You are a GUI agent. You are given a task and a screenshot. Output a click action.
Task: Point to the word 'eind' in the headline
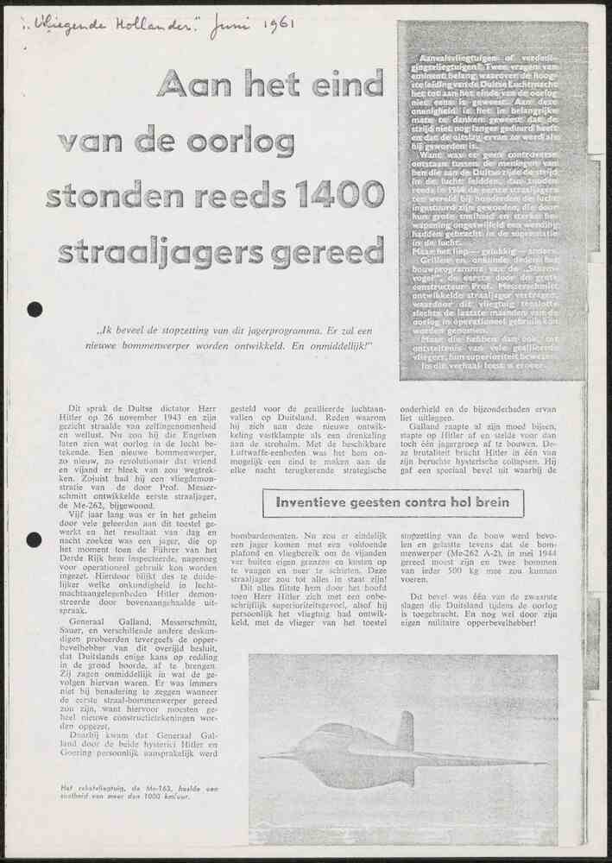pyautogui.click(x=342, y=84)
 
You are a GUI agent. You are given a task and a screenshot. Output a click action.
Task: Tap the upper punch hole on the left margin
pyautogui.click(x=35, y=309)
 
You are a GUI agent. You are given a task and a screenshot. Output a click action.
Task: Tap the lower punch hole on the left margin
pyautogui.click(x=35, y=539)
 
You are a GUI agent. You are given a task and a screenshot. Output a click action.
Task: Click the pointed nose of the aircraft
pyautogui.click(x=264, y=756)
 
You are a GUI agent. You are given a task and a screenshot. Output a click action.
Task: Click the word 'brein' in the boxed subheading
pyautogui.click(x=489, y=502)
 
